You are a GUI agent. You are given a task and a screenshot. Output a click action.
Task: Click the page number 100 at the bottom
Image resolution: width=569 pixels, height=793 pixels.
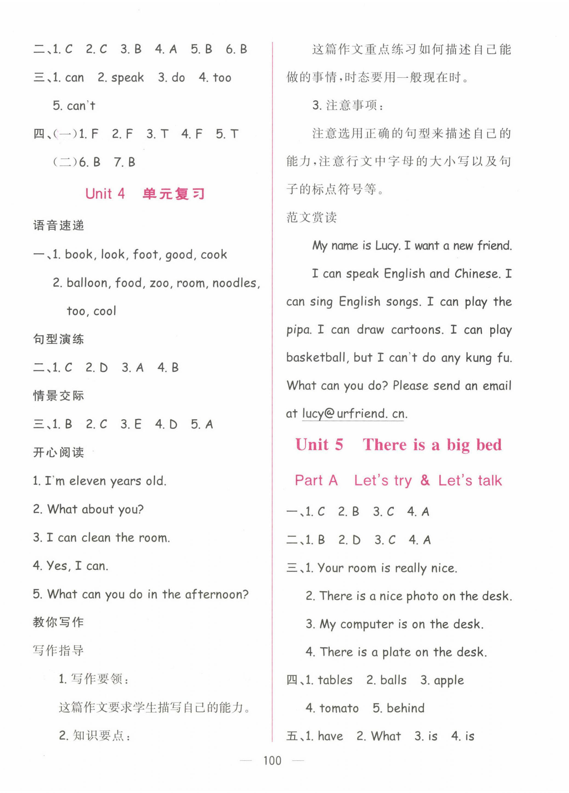(272, 761)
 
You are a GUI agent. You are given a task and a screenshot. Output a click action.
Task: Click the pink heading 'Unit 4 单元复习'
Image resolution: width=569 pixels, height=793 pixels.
(145, 194)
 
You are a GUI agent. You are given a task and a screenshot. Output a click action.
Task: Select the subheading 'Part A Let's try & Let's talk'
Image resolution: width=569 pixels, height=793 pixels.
(398, 480)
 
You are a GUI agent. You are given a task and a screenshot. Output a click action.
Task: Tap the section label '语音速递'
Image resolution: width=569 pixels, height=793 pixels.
(59, 226)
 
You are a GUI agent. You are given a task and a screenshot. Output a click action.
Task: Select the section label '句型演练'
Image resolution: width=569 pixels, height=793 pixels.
(59, 339)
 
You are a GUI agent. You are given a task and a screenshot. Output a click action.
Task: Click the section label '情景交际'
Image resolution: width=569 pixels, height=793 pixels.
(59, 396)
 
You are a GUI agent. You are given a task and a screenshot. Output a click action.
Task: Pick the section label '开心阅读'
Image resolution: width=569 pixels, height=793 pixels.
(59, 453)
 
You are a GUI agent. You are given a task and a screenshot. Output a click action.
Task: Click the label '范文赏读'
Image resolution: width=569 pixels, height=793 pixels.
(311, 217)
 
